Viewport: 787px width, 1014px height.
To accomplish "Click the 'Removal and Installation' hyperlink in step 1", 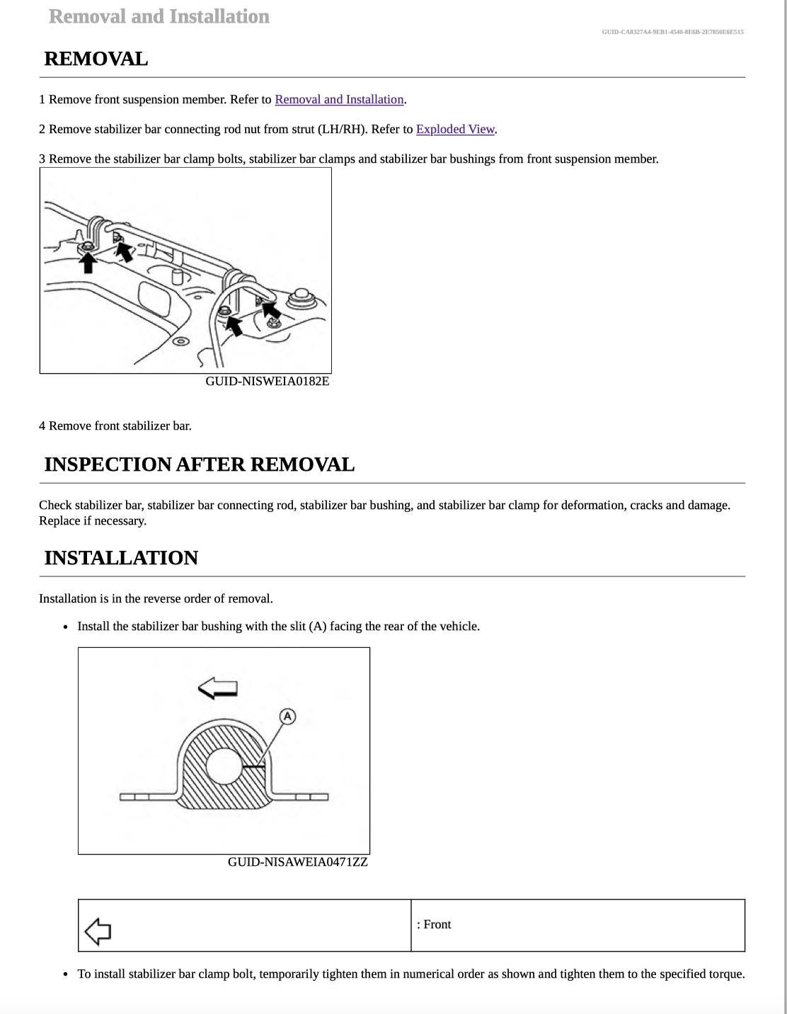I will click(x=339, y=100).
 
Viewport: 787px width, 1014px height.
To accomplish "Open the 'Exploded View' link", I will click(x=454, y=130).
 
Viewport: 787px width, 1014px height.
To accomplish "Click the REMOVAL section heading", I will click(x=96, y=59).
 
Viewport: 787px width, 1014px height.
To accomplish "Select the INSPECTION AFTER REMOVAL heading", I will click(x=199, y=465).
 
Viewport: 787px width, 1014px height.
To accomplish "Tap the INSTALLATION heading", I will click(x=121, y=558).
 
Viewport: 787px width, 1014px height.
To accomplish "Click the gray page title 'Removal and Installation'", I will click(x=159, y=16).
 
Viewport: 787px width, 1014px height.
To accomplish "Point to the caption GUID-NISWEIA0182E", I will click(x=267, y=382).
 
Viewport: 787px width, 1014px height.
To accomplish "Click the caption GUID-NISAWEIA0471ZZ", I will click(x=297, y=862).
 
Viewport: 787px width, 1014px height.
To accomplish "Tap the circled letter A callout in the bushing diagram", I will click(x=287, y=717).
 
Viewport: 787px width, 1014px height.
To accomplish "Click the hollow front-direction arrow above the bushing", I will click(x=217, y=688).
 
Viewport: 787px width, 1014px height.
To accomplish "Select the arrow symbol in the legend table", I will click(x=98, y=931).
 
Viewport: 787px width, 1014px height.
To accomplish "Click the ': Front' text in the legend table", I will click(x=434, y=925).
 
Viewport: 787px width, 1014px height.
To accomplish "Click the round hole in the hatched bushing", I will click(x=224, y=766).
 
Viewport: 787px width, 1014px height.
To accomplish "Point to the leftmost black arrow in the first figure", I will click(x=88, y=261).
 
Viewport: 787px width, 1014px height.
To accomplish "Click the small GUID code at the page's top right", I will click(x=672, y=32).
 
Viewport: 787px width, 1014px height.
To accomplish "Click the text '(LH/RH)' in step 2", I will click(x=344, y=130).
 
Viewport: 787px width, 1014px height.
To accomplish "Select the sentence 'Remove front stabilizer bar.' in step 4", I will click(x=120, y=426).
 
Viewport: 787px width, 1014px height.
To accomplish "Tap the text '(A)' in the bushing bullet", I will click(x=318, y=627).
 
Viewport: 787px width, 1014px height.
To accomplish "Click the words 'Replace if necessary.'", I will click(x=93, y=521).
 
